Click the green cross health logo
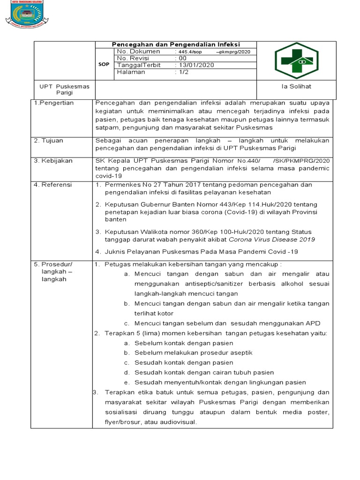[296, 60]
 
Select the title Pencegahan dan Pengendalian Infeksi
[176, 44]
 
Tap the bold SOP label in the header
[104, 65]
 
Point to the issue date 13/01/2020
[195, 65]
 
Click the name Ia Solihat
[296, 87]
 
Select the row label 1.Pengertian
[54, 103]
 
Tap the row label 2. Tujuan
[50, 141]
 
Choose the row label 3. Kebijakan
[53, 161]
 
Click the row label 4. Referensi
[53, 185]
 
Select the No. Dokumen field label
[138, 51]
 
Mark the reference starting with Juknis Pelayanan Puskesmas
[201, 252]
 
